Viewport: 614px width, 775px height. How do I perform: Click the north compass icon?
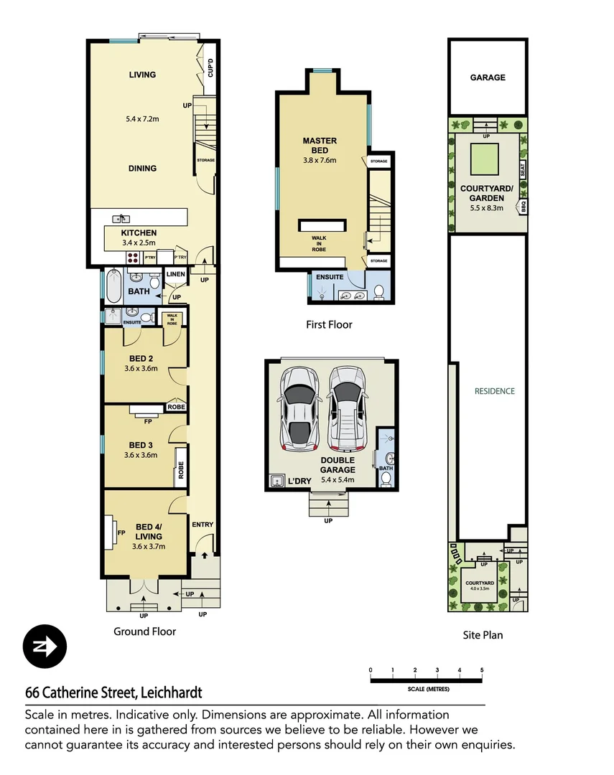click(45, 646)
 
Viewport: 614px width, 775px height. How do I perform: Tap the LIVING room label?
click(142, 75)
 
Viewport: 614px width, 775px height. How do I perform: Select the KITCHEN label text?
click(139, 233)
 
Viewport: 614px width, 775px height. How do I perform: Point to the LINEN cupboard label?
click(176, 275)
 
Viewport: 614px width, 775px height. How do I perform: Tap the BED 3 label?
click(141, 443)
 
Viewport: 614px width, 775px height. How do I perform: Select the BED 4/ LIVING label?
click(149, 532)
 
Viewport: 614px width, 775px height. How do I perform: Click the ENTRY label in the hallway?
click(203, 525)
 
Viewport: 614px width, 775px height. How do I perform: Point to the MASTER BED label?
click(320, 146)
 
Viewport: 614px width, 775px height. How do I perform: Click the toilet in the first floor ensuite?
click(379, 291)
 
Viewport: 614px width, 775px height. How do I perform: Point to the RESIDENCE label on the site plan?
click(495, 391)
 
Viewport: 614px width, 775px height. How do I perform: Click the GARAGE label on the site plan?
click(488, 77)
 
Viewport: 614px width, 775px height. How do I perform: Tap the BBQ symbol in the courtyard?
click(523, 207)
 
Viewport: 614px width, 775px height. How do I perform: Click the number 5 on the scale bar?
click(482, 670)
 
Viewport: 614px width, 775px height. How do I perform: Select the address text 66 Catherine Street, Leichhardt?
click(113, 692)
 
